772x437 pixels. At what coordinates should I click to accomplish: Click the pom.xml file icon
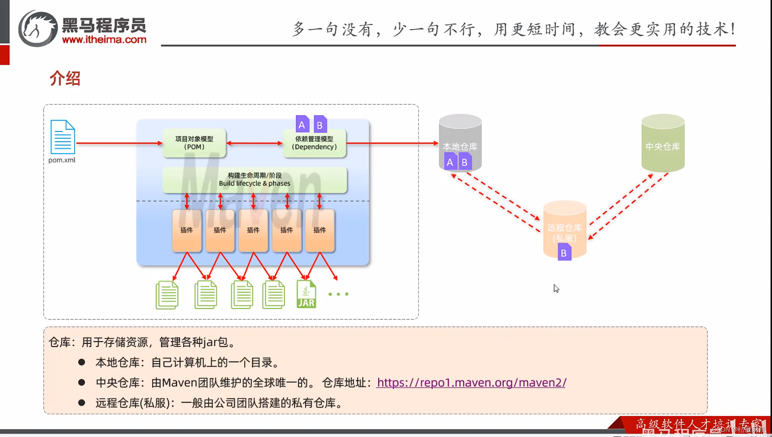[x=63, y=137]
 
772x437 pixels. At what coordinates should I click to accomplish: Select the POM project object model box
[x=194, y=143]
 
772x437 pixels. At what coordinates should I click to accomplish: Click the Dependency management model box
[x=314, y=143]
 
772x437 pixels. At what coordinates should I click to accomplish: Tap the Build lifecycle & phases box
[x=254, y=180]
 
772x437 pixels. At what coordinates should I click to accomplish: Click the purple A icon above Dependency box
[x=302, y=124]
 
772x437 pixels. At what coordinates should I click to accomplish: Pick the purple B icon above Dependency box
[x=320, y=124]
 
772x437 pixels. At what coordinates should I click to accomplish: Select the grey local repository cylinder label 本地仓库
[x=460, y=146]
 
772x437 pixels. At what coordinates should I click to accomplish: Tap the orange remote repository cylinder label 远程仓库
[x=564, y=228]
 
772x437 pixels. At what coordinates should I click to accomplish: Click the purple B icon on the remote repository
[x=564, y=253]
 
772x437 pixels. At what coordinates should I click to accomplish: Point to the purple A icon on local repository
[x=450, y=162]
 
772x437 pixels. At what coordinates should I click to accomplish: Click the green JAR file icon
[x=306, y=294]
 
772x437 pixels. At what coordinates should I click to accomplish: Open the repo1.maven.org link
[x=471, y=383]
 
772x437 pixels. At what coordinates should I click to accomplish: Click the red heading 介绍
[x=65, y=78]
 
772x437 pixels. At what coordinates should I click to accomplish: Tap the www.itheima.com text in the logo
[x=104, y=40]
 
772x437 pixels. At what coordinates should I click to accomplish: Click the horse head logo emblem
[x=38, y=29]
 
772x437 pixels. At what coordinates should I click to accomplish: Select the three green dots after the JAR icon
[x=338, y=294]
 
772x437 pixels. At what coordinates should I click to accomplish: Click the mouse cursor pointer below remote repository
[x=556, y=289]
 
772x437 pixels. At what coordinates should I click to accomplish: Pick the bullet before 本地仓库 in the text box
[x=81, y=362]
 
